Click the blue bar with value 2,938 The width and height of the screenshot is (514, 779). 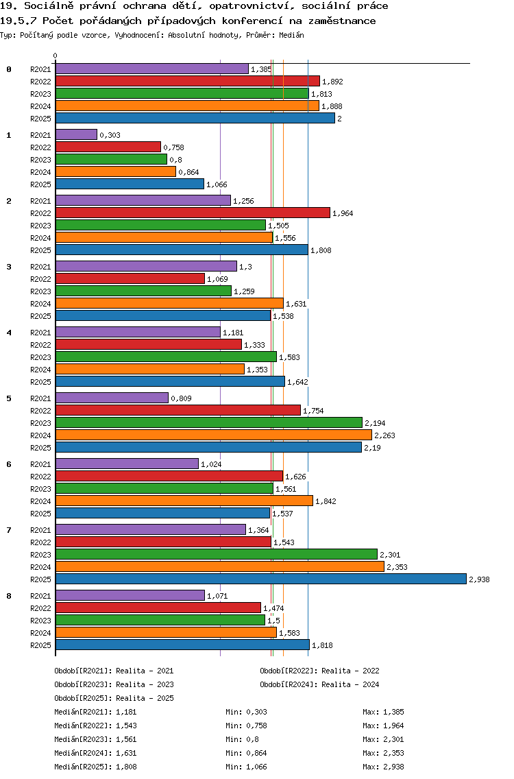260,579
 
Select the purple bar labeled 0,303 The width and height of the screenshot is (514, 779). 76,134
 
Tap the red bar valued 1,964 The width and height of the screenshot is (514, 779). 193,213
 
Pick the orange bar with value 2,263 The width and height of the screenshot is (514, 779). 213,435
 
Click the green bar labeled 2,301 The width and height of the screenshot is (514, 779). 216,554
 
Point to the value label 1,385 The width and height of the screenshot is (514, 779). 261,69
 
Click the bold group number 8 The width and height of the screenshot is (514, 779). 9,596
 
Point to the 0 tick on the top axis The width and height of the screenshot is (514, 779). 56,56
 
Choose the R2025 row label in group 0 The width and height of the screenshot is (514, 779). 40,119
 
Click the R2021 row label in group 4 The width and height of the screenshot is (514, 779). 40,333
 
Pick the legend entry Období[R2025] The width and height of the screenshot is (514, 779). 84,698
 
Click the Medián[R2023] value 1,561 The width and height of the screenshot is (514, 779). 126,739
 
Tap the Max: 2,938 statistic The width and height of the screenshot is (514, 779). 383,767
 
